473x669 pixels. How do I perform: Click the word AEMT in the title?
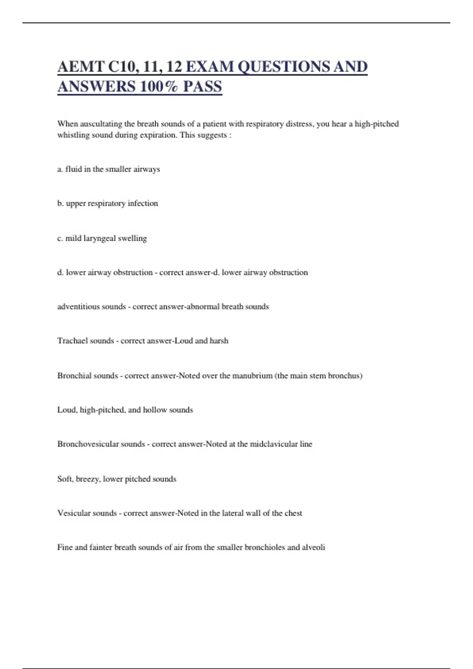click(x=80, y=67)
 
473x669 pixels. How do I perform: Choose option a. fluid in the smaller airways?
click(x=108, y=169)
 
